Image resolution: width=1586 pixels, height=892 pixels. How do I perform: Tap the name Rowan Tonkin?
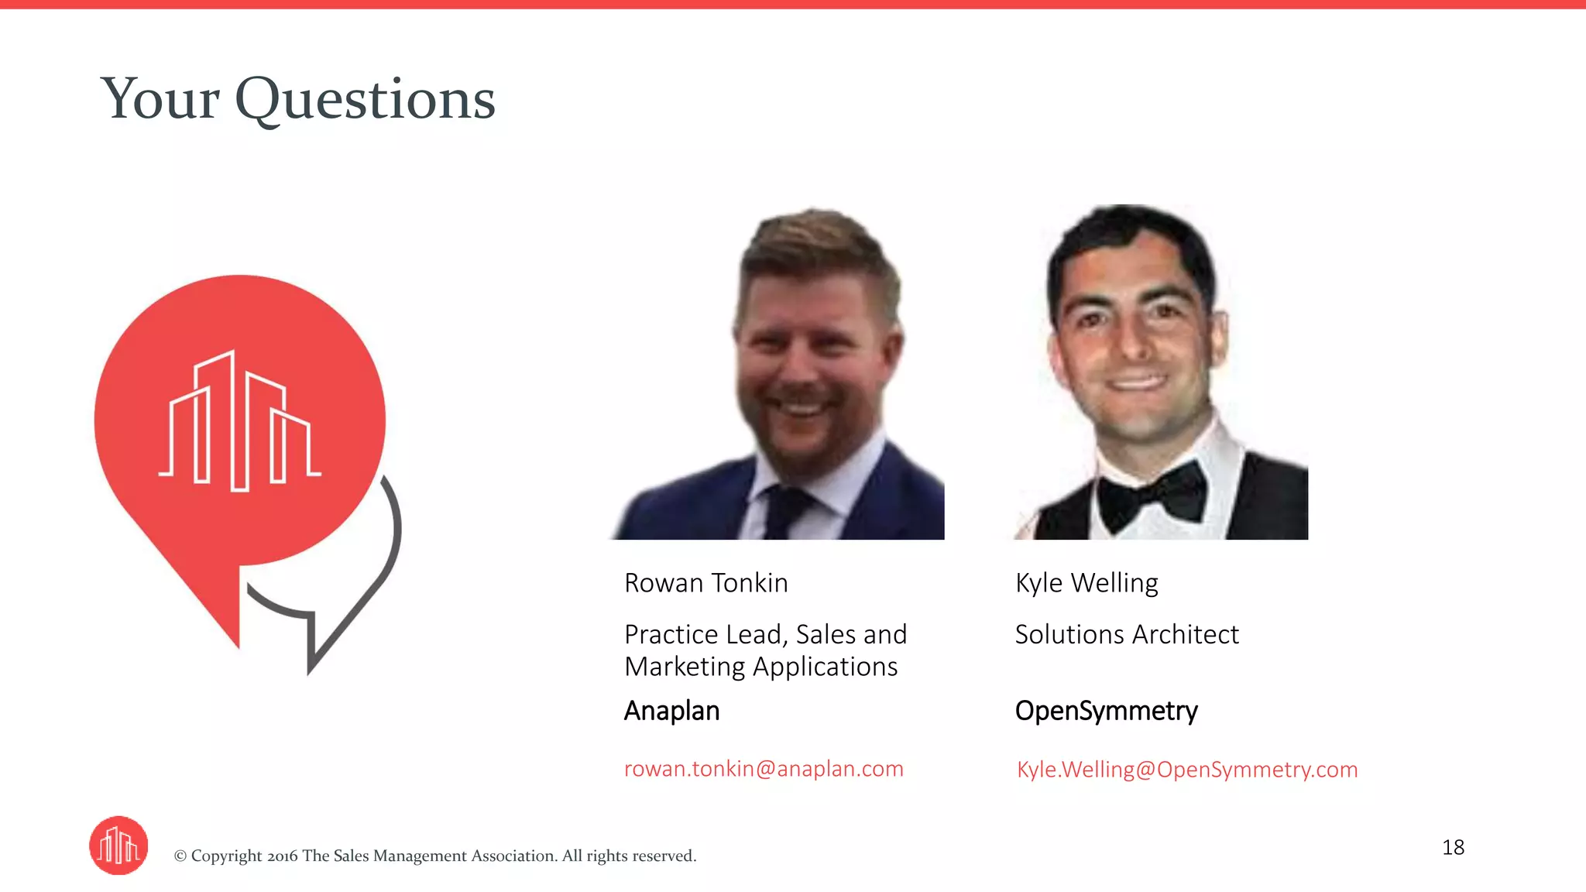coord(705,583)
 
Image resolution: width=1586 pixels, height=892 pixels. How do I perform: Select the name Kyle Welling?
coord(1086,583)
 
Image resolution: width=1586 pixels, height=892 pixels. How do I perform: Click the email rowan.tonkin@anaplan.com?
coord(764,769)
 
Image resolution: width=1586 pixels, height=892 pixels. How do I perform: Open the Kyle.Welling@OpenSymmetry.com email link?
coord(1186,770)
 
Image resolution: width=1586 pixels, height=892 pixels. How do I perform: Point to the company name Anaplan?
coord(671,711)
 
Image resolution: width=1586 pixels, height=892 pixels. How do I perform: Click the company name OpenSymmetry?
coord(1106,711)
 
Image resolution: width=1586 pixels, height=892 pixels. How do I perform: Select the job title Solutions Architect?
coord(1126,635)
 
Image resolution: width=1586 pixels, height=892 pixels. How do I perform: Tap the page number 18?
coord(1453,847)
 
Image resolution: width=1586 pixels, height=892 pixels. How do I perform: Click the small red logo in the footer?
coord(118,846)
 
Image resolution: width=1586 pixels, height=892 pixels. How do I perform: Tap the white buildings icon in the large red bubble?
coord(239,422)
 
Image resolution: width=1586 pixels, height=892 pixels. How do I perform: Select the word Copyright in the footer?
coord(226,856)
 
